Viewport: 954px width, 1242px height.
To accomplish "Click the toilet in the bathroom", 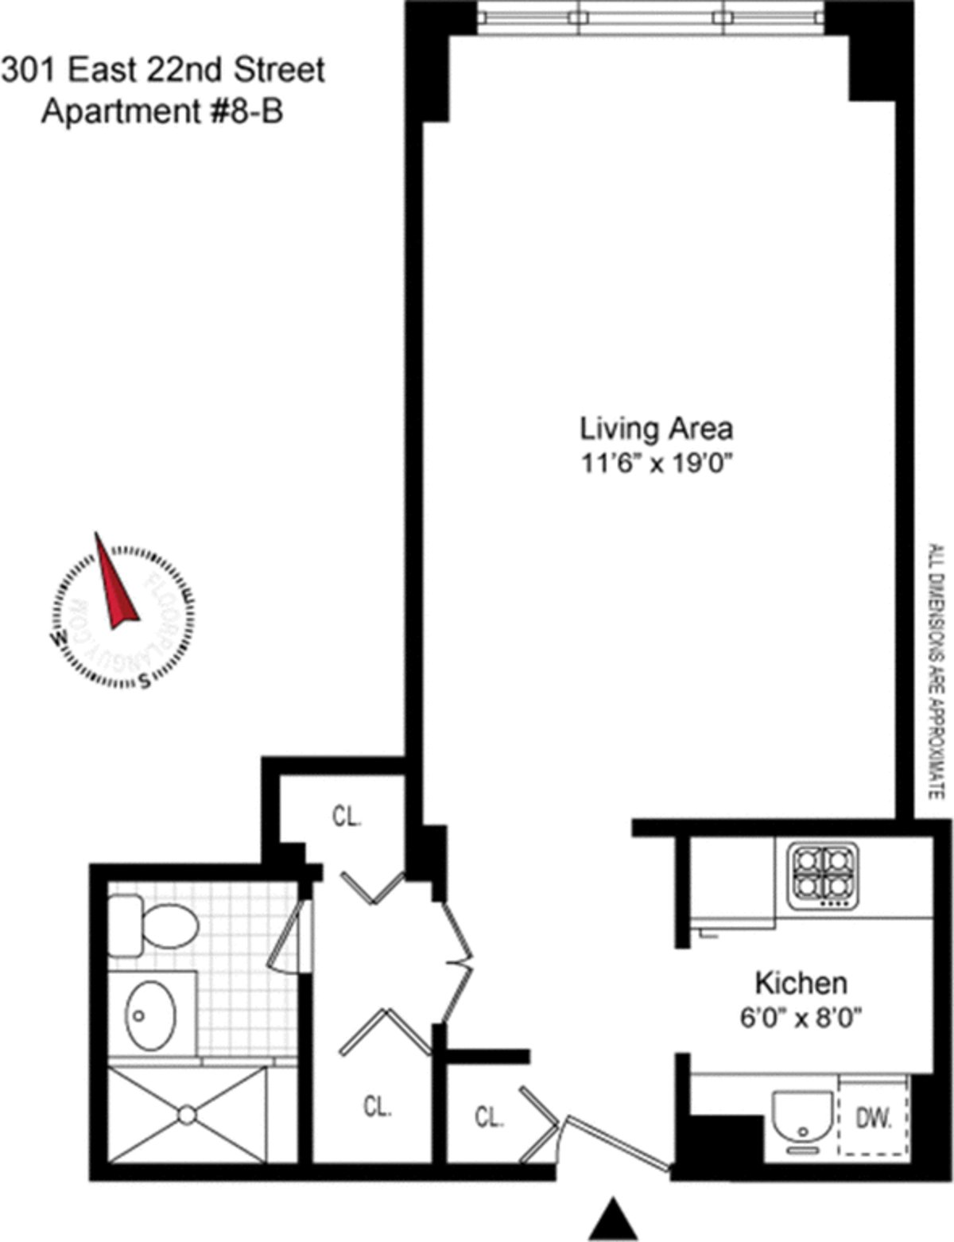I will [x=153, y=925].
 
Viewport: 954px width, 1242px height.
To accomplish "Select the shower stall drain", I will [x=187, y=1115].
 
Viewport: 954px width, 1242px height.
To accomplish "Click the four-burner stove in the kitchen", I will [x=823, y=875].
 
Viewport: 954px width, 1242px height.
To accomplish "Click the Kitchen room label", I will [x=801, y=983].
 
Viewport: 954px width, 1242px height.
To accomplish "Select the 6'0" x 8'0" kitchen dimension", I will [x=801, y=1017].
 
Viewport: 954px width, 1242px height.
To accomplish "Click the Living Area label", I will [x=656, y=429].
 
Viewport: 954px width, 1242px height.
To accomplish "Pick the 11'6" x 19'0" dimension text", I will [x=656, y=464].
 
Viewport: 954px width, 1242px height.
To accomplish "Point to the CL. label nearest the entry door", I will [x=490, y=1117].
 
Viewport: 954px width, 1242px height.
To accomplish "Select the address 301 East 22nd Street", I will [x=163, y=70].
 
